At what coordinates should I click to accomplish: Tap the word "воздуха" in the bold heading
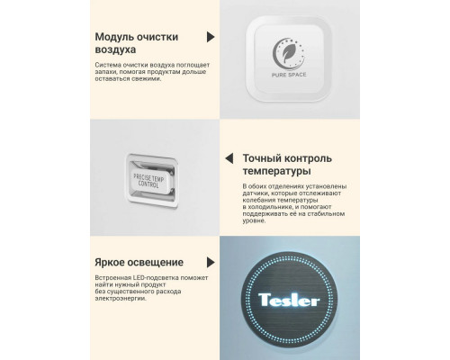point(114,51)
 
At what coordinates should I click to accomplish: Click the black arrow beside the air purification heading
point(211,37)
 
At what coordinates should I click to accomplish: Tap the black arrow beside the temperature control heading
point(232,155)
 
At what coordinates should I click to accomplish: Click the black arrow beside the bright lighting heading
point(210,264)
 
